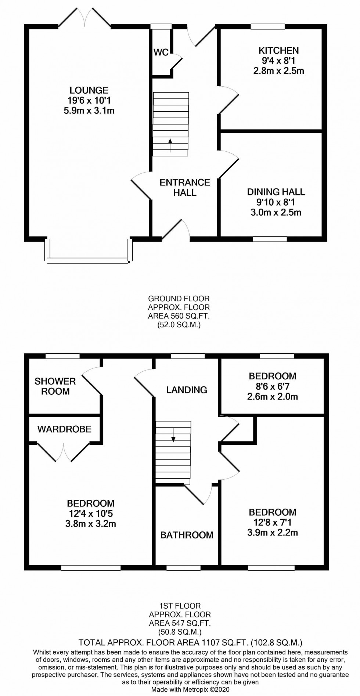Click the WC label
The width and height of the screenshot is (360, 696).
[x=161, y=52]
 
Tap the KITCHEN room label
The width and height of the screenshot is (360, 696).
[x=278, y=50]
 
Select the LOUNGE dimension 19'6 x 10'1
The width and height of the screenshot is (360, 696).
[x=89, y=100]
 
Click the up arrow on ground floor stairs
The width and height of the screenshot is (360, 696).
[x=170, y=145]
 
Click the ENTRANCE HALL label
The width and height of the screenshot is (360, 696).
[x=185, y=187]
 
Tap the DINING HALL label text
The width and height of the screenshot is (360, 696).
[x=276, y=192]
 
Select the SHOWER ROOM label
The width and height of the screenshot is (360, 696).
[x=55, y=386]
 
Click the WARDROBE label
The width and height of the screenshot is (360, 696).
[x=64, y=429]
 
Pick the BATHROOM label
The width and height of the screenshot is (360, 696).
[x=187, y=535]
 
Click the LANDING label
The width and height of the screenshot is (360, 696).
[x=187, y=390]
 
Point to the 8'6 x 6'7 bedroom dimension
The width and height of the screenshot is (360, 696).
[x=272, y=386]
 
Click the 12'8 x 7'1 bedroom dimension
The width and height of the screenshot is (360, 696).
[x=272, y=522]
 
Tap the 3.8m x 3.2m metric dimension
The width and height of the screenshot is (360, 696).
[x=91, y=524]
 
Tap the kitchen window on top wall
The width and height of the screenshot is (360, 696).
[x=267, y=26]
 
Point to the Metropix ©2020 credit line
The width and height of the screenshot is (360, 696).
[x=190, y=689]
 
